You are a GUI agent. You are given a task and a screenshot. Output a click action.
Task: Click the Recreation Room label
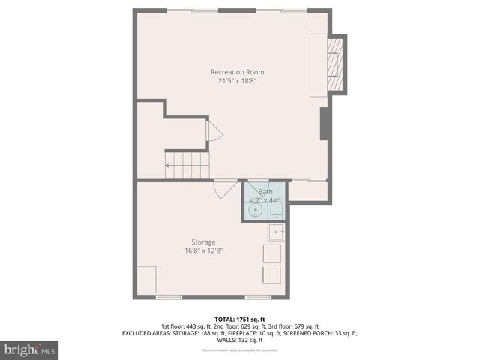pyautogui.click(x=237, y=72)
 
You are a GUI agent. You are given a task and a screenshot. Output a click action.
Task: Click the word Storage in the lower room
pyautogui.click(x=203, y=242)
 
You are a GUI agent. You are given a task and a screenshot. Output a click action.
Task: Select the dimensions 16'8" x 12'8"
pyautogui.click(x=203, y=250)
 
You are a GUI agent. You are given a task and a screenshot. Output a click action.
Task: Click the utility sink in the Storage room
pyautogui.click(x=277, y=232)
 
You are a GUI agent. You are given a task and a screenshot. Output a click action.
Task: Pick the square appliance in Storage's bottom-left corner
pyautogui.click(x=146, y=279)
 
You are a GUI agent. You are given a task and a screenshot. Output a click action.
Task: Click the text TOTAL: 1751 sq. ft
pyautogui.click(x=240, y=318)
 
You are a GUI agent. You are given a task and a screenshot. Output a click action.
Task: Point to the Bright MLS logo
pyautogui.click(x=30, y=349)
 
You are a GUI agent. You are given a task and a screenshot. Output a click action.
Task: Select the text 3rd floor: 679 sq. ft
pyautogui.click(x=293, y=326)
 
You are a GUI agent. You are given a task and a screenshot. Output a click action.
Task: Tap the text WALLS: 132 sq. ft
pyautogui.click(x=240, y=340)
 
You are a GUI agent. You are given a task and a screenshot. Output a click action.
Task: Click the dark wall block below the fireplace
pyautogui.click(x=324, y=124)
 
